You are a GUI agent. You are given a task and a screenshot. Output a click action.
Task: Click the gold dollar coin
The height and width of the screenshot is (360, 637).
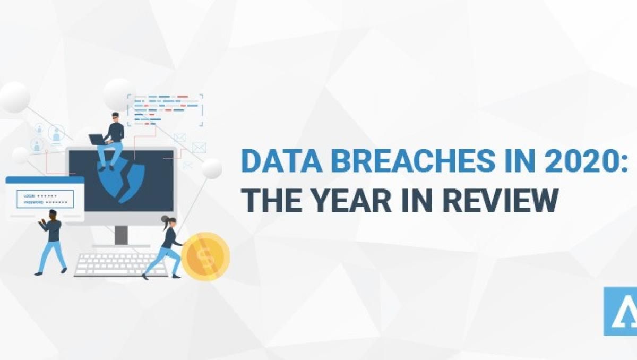click(x=205, y=256)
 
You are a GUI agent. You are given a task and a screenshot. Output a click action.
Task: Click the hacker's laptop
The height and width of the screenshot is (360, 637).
click(x=97, y=140)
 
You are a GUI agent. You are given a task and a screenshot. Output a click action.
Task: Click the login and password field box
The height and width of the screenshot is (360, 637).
click(x=45, y=199)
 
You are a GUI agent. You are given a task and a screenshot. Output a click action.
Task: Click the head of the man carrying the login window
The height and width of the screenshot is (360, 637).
click(x=52, y=215)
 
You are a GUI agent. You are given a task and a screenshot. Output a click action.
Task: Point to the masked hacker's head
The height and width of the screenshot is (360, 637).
click(x=115, y=117)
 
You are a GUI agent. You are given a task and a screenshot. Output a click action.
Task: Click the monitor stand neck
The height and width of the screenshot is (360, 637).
click(x=121, y=234)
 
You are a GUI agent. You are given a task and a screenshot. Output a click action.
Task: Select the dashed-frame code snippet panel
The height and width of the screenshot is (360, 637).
click(x=165, y=110)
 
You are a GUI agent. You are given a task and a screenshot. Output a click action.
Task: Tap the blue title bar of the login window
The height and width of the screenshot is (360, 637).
click(x=45, y=181)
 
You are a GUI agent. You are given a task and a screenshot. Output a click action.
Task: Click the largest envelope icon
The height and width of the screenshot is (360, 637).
click(x=199, y=147)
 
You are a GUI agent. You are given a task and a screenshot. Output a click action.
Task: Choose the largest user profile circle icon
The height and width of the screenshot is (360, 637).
click(x=56, y=133)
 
